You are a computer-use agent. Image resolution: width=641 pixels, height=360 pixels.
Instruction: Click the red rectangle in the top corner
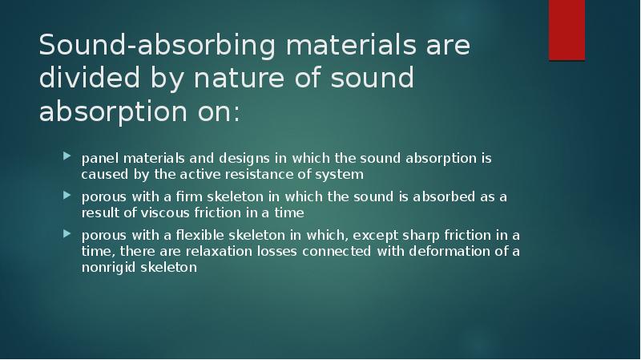[566, 30]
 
